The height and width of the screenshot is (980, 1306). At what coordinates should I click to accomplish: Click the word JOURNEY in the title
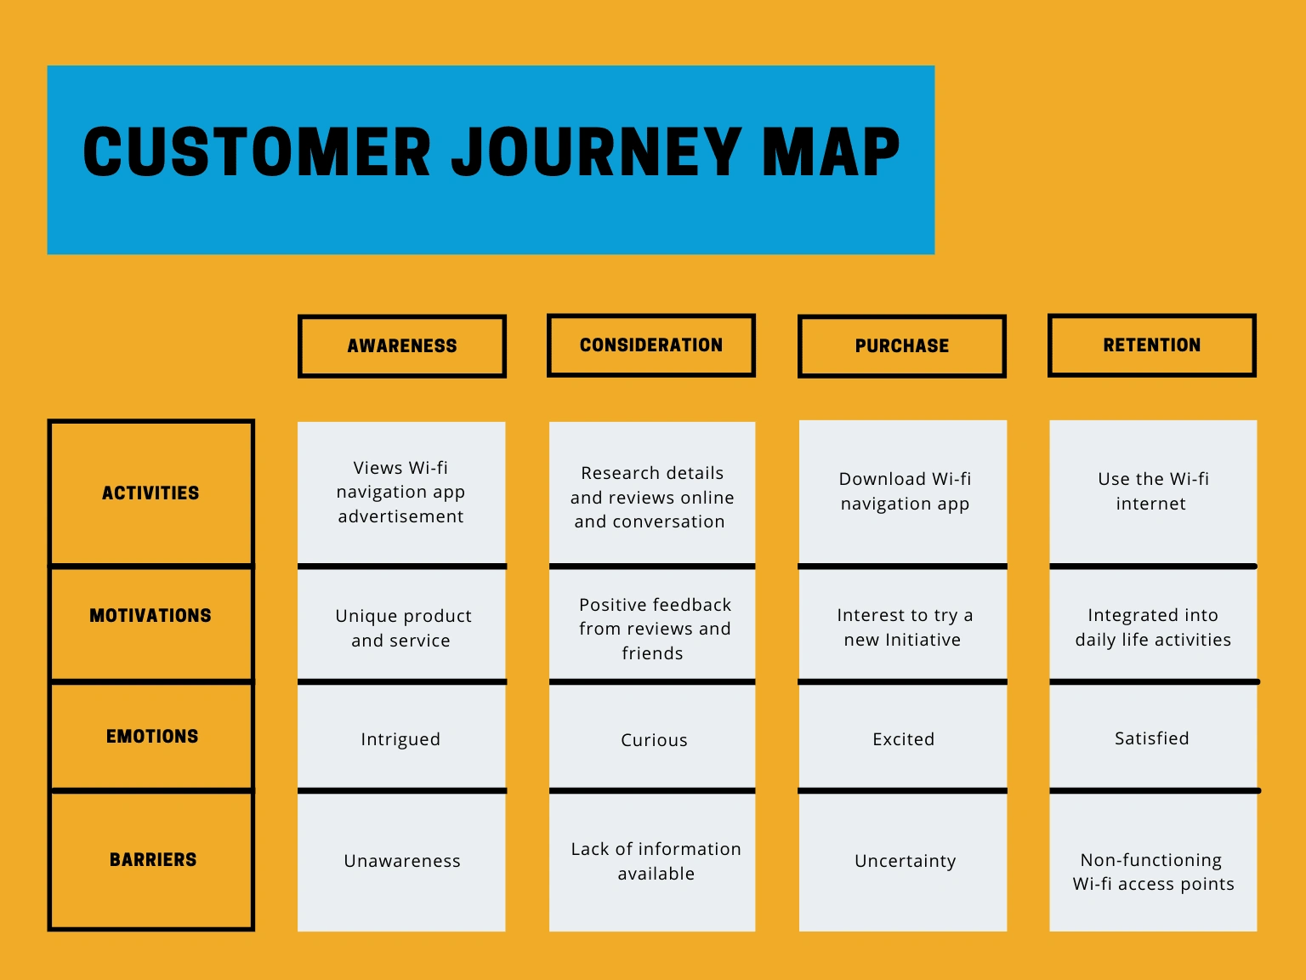pyautogui.click(x=595, y=153)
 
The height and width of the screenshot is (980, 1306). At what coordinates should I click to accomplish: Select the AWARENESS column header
pyautogui.click(x=402, y=346)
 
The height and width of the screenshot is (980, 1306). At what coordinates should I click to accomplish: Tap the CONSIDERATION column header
pyautogui.click(x=651, y=345)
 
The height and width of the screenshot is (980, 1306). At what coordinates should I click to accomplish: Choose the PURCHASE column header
pyautogui.click(x=902, y=346)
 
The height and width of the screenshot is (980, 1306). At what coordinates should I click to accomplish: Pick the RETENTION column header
pyautogui.click(x=1152, y=345)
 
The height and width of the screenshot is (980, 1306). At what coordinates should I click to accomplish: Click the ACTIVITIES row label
pyautogui.click(x=151, y=493)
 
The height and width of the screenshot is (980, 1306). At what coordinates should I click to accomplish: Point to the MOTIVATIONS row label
pyautogui.click(x=151, y=616)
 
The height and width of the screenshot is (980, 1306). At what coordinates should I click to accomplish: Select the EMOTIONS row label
pyautogui.click(x=152, y=737)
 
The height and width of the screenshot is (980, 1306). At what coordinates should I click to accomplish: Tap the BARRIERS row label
pyautogui.click(x=153, y=860)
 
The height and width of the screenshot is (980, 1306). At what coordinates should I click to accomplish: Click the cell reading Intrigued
pyautogui.click(x=400, y=739)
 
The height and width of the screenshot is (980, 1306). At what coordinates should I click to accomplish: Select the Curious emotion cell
pyautogui.click(x=654, y=740)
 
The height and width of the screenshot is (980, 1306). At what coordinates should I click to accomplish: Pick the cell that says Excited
pyautogui.click(x=903, y=739)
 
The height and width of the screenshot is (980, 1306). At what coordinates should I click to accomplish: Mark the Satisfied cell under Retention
pyautogui.click(x=1152, y=738)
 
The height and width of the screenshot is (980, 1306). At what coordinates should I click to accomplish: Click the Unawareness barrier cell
pyautogui.click(x=402, y=861)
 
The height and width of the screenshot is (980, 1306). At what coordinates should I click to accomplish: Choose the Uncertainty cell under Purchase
pyautogui.click(x=905, y=861)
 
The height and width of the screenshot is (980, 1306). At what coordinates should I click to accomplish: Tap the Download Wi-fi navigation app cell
pyautogui.click(x=905, y=492)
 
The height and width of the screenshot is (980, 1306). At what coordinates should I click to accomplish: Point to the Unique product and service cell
pyautogui.click(x=402, y=628)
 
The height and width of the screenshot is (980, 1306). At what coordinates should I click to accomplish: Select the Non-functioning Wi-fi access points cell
pyautogui.click(x=1153, y=872)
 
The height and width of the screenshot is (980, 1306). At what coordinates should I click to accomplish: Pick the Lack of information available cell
pyautogui.click(x=656, y=861)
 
